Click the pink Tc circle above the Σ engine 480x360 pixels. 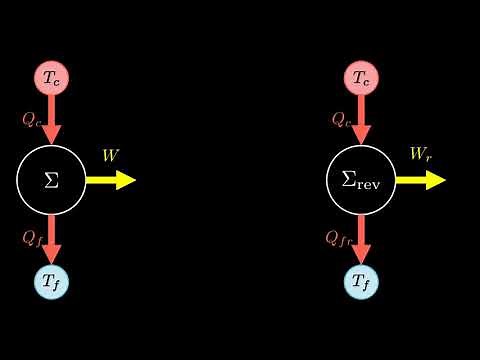point(52,78)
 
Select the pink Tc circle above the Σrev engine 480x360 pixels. point(362,78)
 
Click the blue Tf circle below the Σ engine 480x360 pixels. point(52,283)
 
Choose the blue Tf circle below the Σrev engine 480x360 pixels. point(362,283)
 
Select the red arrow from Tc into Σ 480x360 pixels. point(52,120)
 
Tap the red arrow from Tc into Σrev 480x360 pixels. point(362,120)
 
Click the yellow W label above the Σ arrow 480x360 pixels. point(110,155)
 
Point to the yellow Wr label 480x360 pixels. point(420,155)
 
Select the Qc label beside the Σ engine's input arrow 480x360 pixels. point(31,119)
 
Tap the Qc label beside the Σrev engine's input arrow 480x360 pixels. point(341,119)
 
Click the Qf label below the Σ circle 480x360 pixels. point(31,238)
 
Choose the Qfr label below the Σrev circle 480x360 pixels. point(338,238)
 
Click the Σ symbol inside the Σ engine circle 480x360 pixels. point(52,180)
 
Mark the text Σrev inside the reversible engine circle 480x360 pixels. point(362,181)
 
